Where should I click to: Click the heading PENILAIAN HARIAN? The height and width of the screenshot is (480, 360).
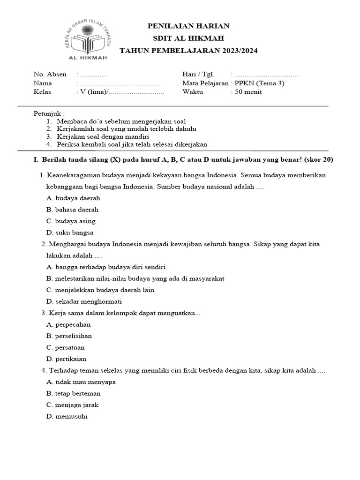tap(188, 26)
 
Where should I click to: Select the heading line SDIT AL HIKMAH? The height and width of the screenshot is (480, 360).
tap(188, 38)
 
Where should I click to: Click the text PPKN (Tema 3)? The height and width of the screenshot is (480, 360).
tap(259, 83)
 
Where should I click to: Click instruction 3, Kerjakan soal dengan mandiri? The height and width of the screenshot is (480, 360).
tap(103, 136)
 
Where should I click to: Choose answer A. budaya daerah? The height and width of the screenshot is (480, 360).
tap(74, 198)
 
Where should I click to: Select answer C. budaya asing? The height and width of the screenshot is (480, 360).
tap(71, 221)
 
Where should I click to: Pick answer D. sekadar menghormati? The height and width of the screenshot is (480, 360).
tap(84, 301)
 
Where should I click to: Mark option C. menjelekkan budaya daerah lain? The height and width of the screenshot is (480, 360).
tap(100, 290)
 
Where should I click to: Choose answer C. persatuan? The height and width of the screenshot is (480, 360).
tap(66, 348)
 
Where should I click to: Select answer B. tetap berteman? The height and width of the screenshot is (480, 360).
tap(74, 394)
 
